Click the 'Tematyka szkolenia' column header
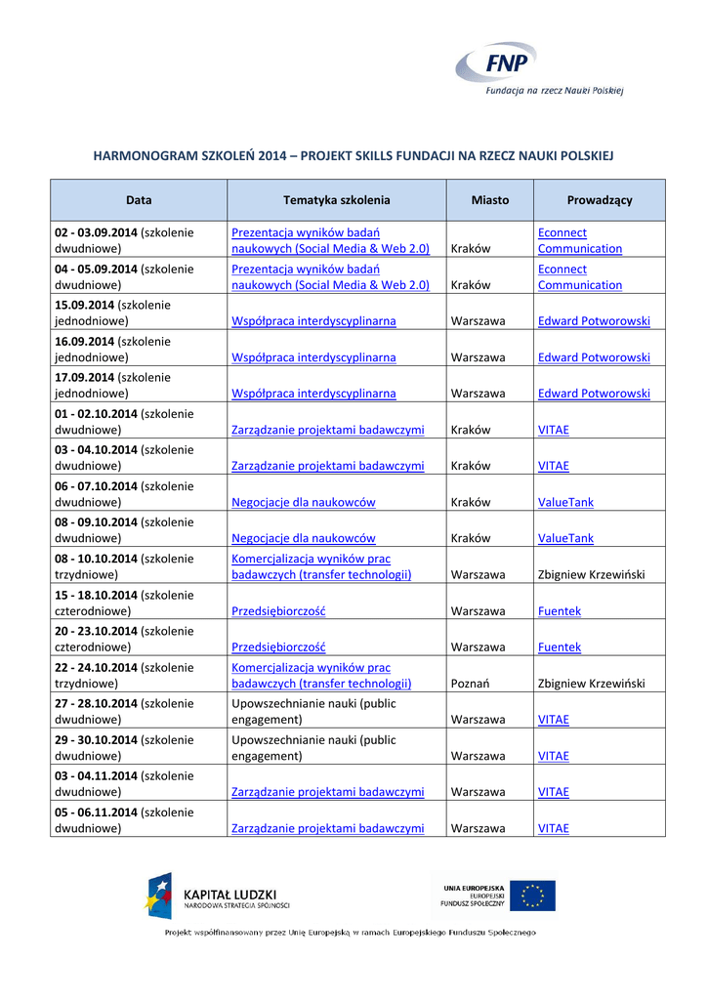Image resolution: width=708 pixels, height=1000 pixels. pos(336,200)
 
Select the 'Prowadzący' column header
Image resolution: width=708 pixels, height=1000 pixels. pos(600,200)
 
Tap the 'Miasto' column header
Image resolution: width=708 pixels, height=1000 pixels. pos(489,200)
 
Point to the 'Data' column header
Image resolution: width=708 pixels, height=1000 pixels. pos(139,200)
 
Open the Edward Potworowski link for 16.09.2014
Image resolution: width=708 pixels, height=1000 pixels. pos(594,357)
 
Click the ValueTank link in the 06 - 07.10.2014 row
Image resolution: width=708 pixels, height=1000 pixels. pos(565,502)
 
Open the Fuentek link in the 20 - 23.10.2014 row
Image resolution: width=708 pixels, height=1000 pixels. pos(559,646)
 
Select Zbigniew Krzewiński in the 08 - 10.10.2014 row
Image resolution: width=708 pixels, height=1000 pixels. pos(591,574)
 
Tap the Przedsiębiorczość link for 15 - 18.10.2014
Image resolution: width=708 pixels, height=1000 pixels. pos(278,610)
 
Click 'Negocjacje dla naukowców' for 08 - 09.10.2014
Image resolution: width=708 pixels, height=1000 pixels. pos(303,538)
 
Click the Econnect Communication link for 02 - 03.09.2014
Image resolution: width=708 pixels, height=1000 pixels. pos(579,240)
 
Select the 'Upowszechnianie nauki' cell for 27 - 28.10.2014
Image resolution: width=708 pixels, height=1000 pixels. pos(313,711)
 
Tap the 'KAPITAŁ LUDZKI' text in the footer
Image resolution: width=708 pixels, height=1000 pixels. pos(230,894)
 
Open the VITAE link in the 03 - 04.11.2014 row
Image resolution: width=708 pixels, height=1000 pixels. pos(553,792)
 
